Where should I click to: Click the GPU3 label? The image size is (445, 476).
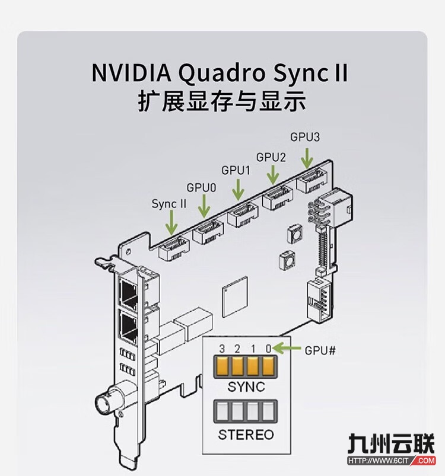click(x=305, y=137)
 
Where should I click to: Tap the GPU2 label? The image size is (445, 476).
click(x=271, y=157)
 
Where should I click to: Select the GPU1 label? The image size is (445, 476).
click(x=236, y=170)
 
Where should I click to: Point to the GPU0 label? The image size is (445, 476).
click(x=202, y=187)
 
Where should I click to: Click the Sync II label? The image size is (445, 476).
click(x=169, y=204)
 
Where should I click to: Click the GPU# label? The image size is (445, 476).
click(x=320, y=350)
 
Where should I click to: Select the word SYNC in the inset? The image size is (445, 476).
click(x=246, y=387)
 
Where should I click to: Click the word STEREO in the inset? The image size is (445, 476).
click(x=246, y=435)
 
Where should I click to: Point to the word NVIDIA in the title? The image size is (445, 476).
click(x=130, y=72)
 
